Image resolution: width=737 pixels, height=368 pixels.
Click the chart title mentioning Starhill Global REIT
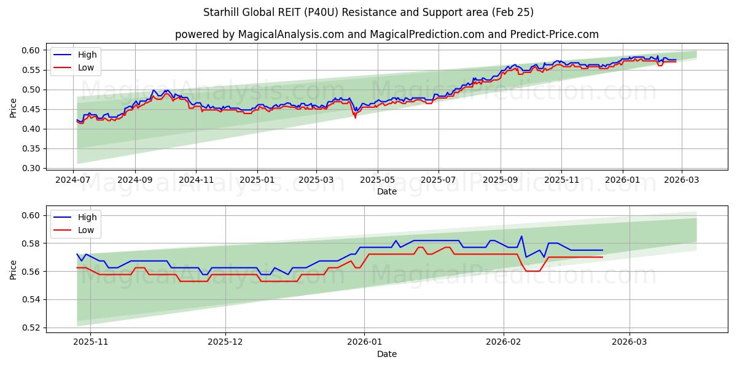tap(368, 12)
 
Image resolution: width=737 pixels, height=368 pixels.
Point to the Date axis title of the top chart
tap(387, 191)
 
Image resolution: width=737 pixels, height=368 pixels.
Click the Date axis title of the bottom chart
tap(387, 354)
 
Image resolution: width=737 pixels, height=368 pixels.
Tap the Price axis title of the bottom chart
tap(14, 269)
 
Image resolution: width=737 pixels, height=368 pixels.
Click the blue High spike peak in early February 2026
tap(521, 236)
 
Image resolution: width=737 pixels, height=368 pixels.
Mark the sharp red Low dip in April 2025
tap(355, 117)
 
